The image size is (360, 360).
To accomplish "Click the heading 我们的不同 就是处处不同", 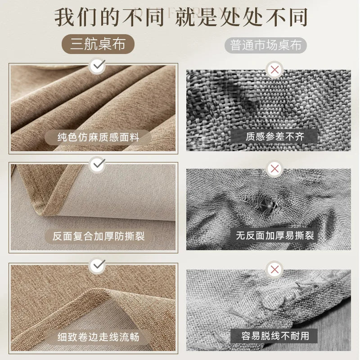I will point(180,17).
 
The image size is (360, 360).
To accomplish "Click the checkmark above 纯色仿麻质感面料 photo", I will point(97,67).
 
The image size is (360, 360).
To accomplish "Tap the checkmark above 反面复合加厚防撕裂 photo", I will point(97,165).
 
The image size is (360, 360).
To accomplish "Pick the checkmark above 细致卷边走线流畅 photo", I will point(97,266).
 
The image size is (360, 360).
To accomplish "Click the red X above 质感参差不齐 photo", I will point(273,70).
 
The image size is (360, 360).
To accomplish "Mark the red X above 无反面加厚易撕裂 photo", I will point(273,169).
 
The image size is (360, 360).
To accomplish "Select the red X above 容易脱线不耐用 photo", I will point(273,270).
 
